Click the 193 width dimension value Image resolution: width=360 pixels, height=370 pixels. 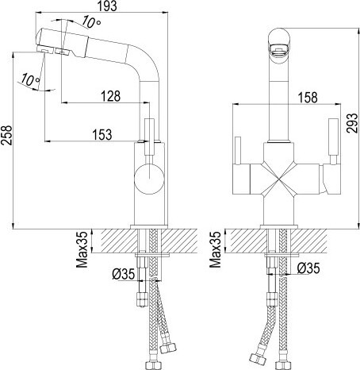[107, 6]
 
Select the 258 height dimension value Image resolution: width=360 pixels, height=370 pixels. [6, 135]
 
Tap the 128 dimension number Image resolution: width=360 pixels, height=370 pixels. [111, 96]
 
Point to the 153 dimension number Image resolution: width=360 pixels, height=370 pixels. [102, 134]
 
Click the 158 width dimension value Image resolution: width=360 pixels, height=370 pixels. [308, 98]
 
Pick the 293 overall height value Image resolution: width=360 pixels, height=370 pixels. [352, 123]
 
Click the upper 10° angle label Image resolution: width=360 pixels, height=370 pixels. [91, 22]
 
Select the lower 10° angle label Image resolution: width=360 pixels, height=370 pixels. [30, 79]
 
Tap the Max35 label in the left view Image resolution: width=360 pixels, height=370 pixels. [82, 249]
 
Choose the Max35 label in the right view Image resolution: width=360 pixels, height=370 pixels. [216, 249]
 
